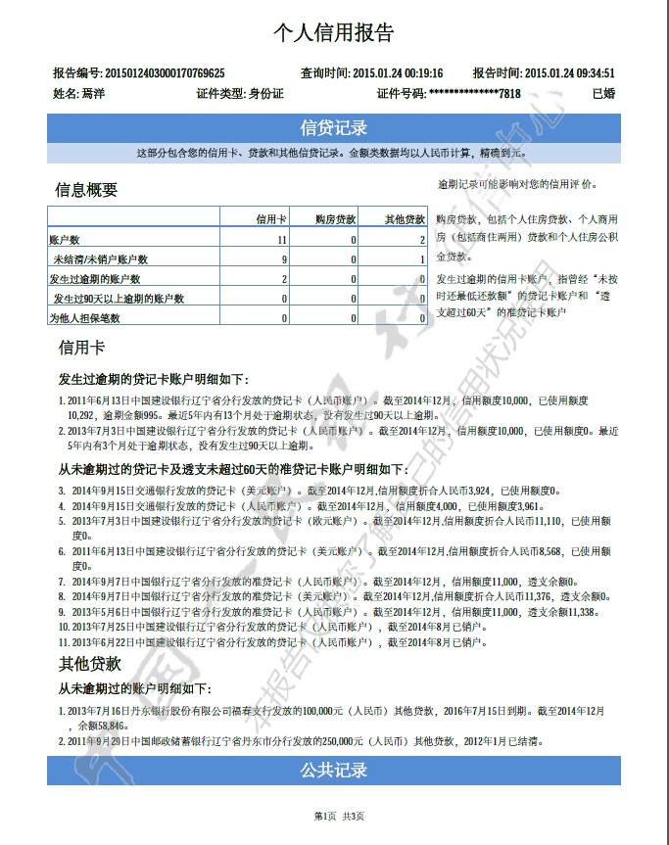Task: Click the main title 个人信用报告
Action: coord(333,32)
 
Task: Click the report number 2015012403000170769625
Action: coord(165,73)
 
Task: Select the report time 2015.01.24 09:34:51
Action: coord(570,73)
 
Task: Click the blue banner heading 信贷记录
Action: coord(333,127)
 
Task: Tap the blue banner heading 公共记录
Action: coord(333,771)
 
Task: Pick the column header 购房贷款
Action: coord(335,219)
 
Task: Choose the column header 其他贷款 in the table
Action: coord(405,219)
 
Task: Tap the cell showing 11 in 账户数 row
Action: coord(281,240)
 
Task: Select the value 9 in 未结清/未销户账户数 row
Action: coord(283,259)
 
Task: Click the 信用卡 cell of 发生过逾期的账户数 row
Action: coord(283,279)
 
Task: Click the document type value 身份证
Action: coord(265,94)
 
